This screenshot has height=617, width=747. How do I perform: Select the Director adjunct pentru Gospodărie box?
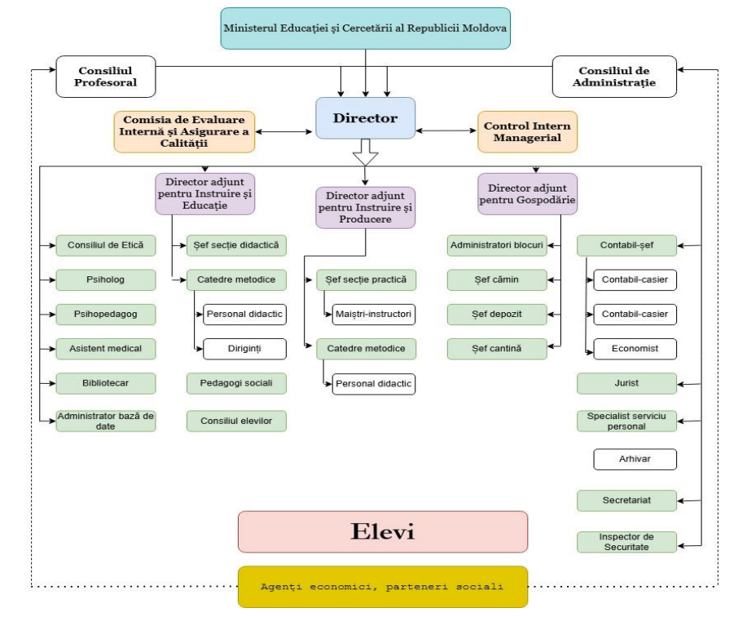pyautogui.click(x=527, y=193)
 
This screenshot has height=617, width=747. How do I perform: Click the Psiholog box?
pyautogui.click(x=106, y=280)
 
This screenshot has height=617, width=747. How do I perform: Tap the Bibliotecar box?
pyautogui.click(x=106, y=381)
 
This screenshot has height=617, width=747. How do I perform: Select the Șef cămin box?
pyautogui.click(x=496, y=280)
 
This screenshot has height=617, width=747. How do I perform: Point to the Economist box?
pyautogui.click(x=635, y=348)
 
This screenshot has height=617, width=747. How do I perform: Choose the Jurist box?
pyautogui.click(x=626, y=381)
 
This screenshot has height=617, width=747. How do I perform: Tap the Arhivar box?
pyautogui.click(x=635, y=460)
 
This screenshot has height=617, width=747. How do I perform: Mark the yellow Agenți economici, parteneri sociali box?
pyautogui.click(x=382, y=586)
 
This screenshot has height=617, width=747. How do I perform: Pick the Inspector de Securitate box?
pyautogui.click(x=626, y=542)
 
